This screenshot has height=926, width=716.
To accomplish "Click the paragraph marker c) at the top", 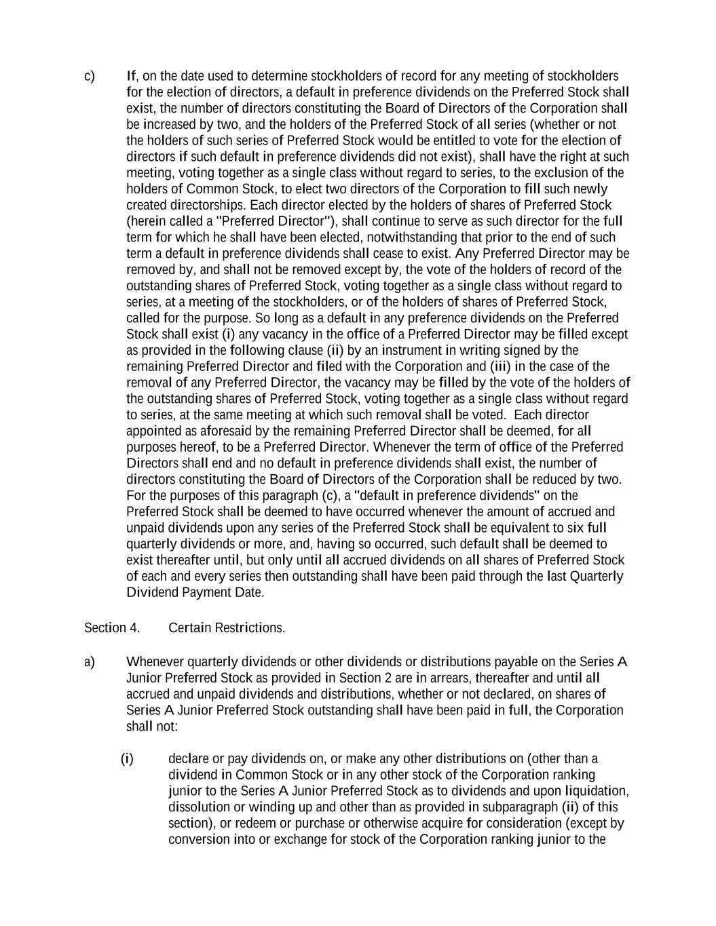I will [90, 75].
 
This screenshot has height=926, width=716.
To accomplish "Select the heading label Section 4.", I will [112, 628].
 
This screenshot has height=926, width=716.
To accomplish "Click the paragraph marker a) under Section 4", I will [90, 661].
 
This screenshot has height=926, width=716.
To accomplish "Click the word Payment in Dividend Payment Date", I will [199, 592].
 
